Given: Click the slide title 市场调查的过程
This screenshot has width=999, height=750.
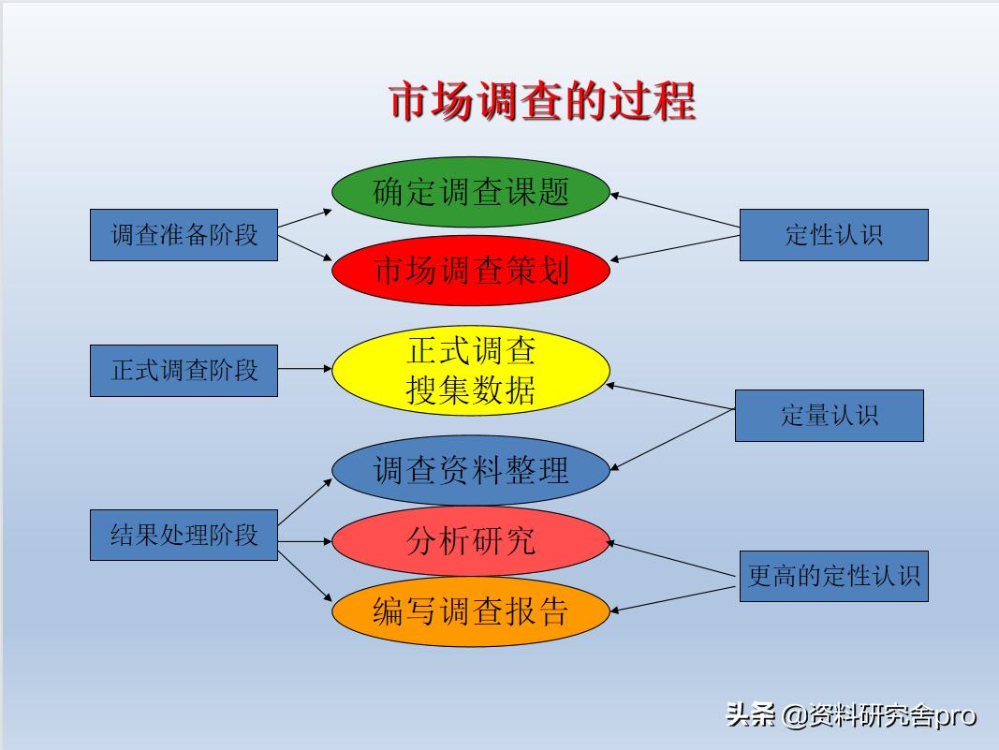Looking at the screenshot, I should coord(542,101).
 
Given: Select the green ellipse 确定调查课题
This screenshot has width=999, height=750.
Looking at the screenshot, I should coord(471,192).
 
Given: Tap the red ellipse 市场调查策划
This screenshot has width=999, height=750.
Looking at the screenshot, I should coord(471,271).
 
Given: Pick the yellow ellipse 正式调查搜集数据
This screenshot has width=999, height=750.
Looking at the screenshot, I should coord(471,371).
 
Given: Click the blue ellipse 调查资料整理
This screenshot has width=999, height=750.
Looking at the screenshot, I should coord(471,469).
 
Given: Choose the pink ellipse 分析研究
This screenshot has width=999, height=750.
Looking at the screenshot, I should coord(471,541).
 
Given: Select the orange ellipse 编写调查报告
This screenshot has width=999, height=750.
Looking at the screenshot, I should coord(471,611).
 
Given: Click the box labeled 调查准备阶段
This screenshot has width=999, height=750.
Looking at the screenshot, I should coord(184,234).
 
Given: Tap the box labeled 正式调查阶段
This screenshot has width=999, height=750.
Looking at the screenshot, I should coord(184,370).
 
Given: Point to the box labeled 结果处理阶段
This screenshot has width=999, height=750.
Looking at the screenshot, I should coord(184,535).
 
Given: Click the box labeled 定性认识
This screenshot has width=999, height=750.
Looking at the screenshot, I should coord(833,234).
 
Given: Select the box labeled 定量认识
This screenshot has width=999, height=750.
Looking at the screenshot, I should coord(829,415).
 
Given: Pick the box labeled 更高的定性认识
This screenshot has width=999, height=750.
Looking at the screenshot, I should coord(833,576).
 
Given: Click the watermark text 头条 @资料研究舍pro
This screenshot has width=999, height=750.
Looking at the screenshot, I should coord(850,716).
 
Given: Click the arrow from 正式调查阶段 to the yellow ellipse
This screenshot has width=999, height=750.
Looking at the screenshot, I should coord(304,369).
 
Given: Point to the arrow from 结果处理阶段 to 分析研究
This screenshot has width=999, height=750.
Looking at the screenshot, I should coord(305,541).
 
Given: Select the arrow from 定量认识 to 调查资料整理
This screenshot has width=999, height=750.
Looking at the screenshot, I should coord(672,439).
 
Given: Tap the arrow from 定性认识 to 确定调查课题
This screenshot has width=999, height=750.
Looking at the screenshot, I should coord(674,211).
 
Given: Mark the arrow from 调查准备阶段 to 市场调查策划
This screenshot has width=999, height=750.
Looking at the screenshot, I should coord(305,247).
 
